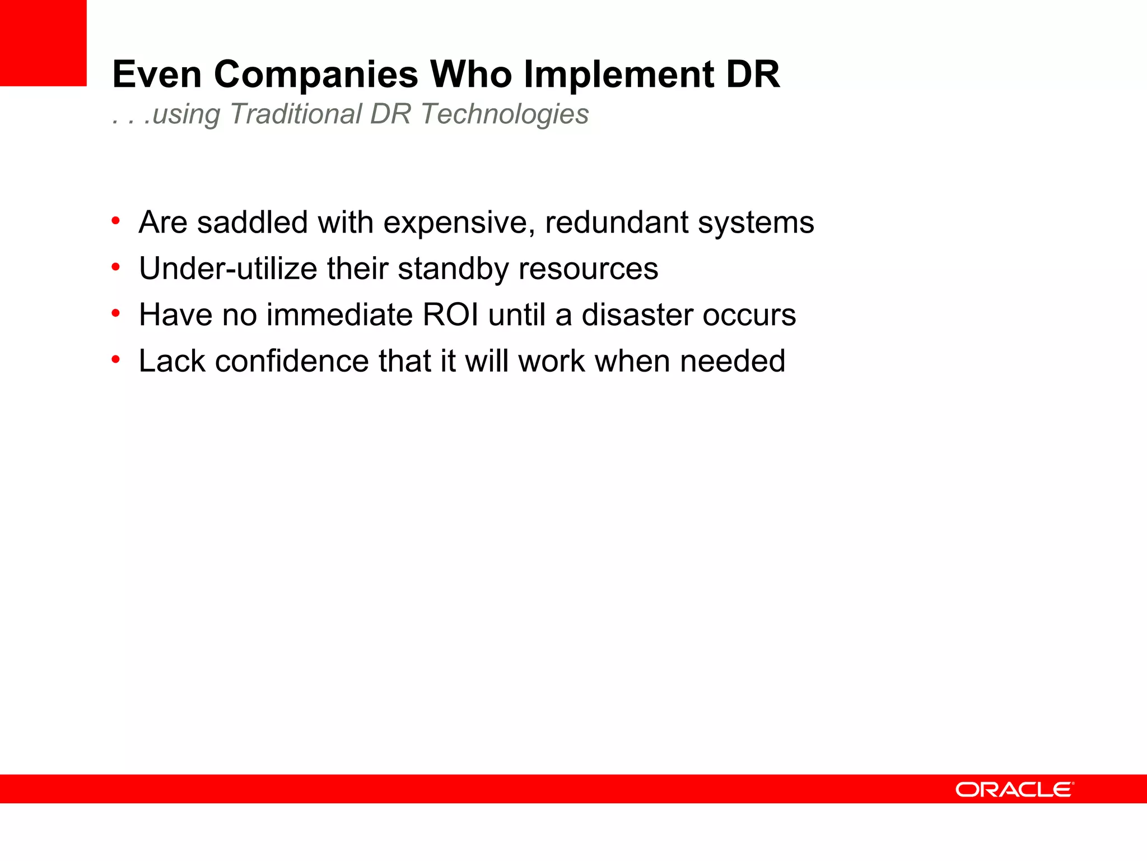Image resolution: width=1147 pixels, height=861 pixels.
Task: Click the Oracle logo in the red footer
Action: (x=1014, y=790)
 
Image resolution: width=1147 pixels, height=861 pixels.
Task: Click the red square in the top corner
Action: (x=43, y=43)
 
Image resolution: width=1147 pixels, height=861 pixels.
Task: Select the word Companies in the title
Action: (x=316, y=75)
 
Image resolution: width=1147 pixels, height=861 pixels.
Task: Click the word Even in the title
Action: (x=157, y=75)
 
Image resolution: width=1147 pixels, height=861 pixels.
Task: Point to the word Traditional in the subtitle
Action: (x=296, y=114)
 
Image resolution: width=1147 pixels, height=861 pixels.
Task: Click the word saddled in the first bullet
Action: (x=253, y=223)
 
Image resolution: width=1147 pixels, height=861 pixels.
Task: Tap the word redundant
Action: (x=617, y=223)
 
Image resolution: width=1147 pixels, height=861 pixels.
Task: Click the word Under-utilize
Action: (x=228, y=269)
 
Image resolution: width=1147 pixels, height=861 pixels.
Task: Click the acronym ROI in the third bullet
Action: (x=450, y=315)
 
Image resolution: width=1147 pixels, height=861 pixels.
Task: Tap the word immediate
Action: (x=339, y=315)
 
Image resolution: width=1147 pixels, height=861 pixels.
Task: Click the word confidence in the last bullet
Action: (x=292, y=361)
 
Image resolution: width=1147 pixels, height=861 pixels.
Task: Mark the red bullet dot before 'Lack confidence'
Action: (x=116, y=359)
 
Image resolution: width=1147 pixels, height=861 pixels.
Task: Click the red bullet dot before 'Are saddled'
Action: (x=116, y=221)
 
